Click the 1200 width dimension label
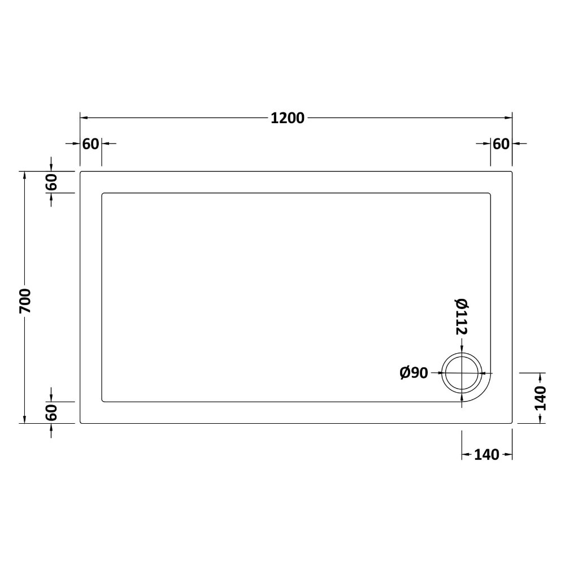288,118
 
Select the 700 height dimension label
25,301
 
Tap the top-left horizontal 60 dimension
90,144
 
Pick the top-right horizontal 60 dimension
501,144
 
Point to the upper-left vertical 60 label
51,182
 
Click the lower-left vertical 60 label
51,412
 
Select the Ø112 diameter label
462,316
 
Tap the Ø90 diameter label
414,373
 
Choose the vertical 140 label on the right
540,398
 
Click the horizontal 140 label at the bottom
486,455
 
